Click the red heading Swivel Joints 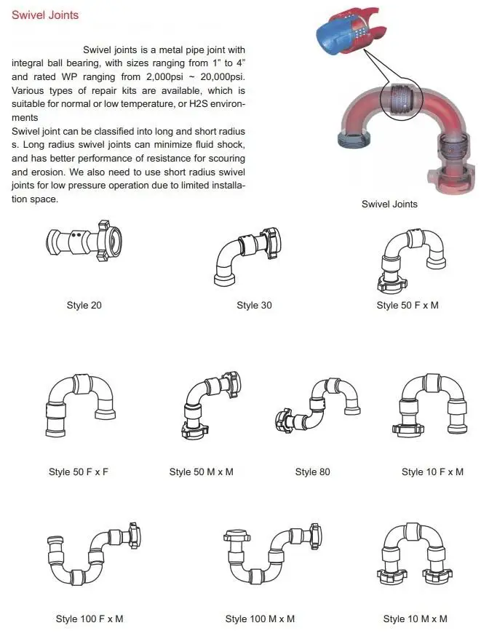coord(45,15)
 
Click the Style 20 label coord(84,305)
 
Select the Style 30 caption coord(254,305)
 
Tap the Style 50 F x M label coord(407,305)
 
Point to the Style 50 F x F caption coord(78,472)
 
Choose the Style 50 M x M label coord(201,472)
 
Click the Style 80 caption coord(312,472)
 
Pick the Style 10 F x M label coord(432,472)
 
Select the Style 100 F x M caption coord(90,619)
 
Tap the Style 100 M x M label coord(260,619)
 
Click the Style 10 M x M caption coord(415,619)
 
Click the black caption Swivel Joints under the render coord(389,204)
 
